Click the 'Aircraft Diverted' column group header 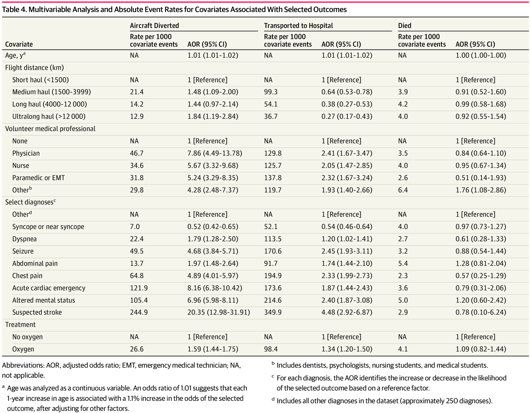[154, 26]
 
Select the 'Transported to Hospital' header [298, 26]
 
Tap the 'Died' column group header [404, 26]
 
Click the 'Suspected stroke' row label [37, 312]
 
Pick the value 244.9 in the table [139, 312]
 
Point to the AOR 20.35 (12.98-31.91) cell [219, 312]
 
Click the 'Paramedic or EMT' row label [38, 178]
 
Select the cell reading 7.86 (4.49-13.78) [215, 153]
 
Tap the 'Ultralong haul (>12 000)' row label [49, 116]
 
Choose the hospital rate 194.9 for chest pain [273, 275]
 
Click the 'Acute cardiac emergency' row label [49, 288]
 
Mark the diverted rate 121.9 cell [139, 288]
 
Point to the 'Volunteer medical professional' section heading [50, 129]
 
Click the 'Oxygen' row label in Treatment [23, 349]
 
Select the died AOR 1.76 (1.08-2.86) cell [481, 190]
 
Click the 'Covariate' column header [19, 44]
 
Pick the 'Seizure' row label [23, 251]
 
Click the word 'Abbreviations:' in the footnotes [23, 365]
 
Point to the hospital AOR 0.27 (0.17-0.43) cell [347, 116]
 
